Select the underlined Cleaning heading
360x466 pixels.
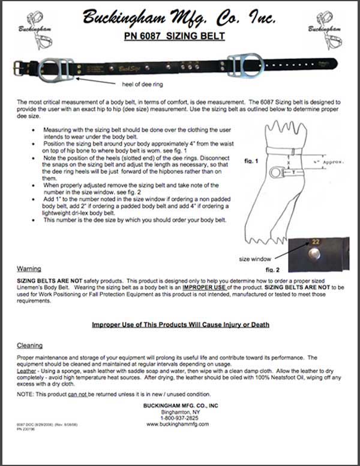coord(30,346)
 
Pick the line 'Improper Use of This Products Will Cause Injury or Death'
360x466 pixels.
coord(180,325)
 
